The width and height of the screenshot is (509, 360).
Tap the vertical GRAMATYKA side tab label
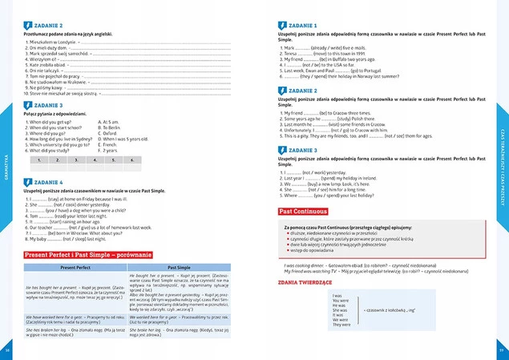(x=7, y=169)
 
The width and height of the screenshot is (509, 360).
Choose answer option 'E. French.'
(x=108, y=144)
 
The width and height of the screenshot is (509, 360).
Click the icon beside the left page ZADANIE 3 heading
(x=28, y=105)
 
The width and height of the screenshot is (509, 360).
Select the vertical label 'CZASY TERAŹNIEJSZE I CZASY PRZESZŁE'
(x=502, y=168)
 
